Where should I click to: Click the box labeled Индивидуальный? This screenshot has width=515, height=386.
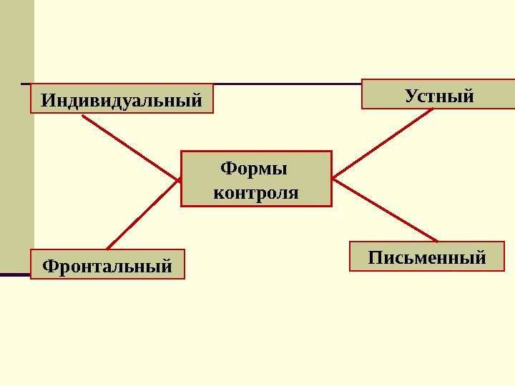point(122,99)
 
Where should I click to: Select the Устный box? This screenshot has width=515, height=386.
point(438,94)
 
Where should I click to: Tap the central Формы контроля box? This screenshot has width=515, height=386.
point(256,179)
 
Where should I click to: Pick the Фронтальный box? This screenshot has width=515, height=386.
point(107,264)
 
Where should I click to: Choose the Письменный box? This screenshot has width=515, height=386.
point(426,257)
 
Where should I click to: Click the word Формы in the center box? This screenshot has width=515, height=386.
point(253,169)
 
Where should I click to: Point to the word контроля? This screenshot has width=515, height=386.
point(256,192)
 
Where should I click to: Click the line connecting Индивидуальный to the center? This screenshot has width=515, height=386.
point(130,147)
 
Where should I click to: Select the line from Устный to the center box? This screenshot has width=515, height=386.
point(383,142)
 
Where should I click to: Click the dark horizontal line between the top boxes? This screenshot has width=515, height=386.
point(286,84)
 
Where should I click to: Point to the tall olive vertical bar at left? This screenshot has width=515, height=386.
point(16,136)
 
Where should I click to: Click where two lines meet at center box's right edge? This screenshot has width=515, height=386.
point(333,177)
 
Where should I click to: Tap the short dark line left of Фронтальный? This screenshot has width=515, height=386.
point(14,274)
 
